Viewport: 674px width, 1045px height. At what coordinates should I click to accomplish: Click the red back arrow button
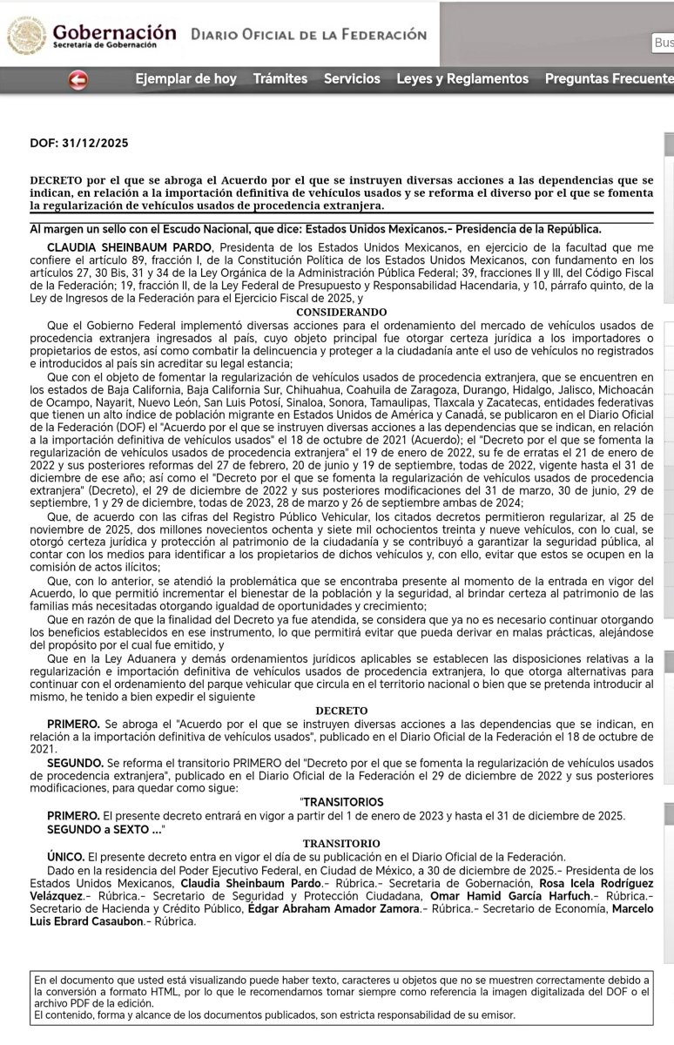78,80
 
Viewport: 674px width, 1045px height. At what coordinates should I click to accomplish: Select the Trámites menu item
280,79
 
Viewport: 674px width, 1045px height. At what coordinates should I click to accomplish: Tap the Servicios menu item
352,79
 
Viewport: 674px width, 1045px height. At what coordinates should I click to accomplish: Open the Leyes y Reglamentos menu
462,79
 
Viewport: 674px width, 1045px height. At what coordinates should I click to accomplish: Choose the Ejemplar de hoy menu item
185,79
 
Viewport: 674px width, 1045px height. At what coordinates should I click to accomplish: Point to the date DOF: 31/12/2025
79,143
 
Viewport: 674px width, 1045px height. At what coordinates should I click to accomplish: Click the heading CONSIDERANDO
341,312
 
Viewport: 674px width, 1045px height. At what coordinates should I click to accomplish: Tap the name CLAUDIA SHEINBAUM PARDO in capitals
121,247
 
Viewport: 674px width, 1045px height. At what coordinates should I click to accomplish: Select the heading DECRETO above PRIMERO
341,711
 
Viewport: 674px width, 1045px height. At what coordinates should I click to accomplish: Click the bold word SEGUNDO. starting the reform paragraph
75,762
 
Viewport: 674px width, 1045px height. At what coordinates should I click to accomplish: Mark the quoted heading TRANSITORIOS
342,802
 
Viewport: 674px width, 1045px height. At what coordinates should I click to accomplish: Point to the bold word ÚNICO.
66,857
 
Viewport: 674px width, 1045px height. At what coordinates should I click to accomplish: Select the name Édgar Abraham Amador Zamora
334,909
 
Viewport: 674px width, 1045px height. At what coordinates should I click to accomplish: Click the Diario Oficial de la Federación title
308,35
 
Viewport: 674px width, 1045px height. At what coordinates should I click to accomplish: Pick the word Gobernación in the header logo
114,31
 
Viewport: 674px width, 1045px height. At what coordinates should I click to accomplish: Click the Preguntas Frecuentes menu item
609,79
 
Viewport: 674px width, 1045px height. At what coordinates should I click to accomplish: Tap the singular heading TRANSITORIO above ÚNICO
341,844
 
